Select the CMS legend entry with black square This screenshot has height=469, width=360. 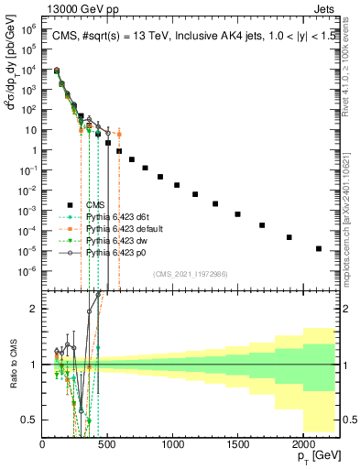click(96, 204)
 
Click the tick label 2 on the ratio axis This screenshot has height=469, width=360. click(32, 309)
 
